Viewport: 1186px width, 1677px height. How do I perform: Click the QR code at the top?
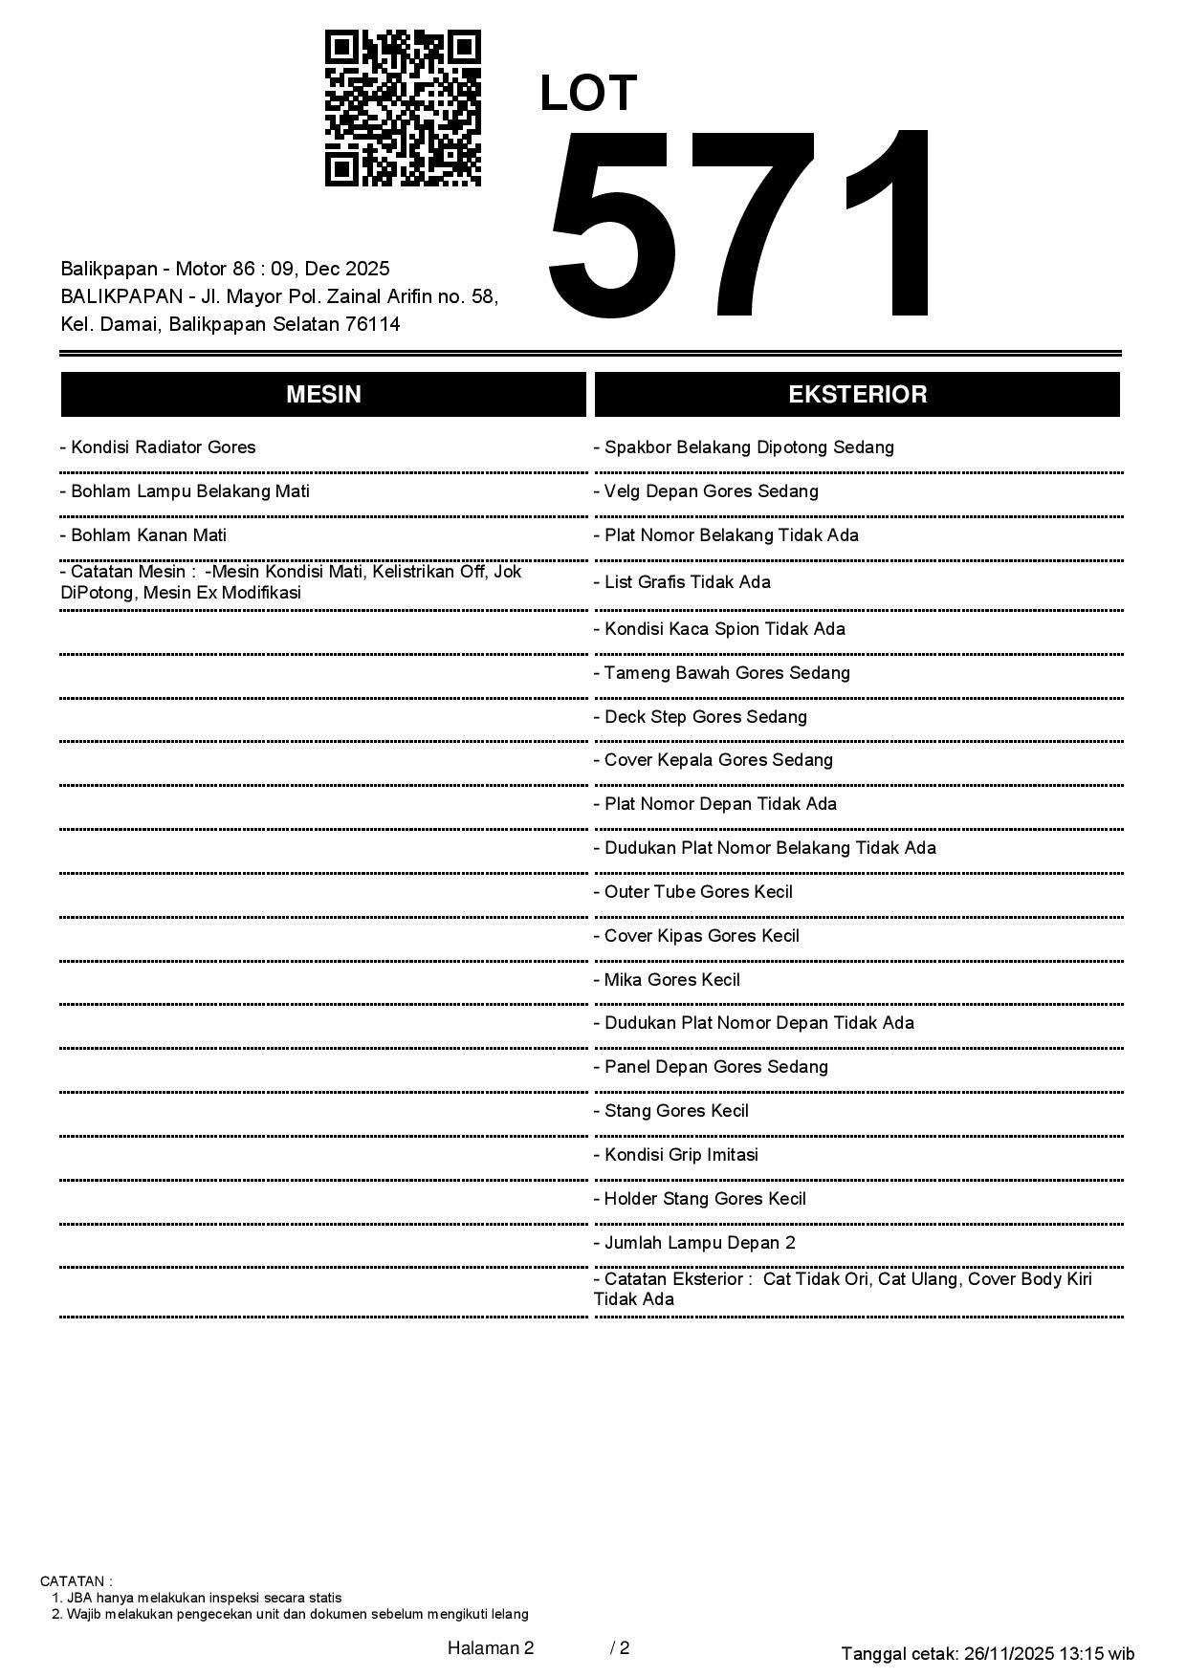coord(403,108)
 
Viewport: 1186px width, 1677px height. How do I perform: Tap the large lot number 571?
coord(741,226)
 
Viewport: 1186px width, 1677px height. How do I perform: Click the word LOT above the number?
coord(588,94)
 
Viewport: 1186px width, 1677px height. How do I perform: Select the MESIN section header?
coord(323,395)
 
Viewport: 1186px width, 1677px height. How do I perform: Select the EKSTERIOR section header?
coord(857,395)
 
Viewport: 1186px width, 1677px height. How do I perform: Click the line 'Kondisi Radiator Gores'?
coord(158,447)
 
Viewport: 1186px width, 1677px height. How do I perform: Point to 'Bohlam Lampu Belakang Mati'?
coord(185,491)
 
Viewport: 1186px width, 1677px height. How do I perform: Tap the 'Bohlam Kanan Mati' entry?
coord(143,535)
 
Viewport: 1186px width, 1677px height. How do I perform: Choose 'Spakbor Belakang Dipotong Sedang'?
coord(744,447)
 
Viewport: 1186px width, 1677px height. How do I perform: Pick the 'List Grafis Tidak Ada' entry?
coord(682,582)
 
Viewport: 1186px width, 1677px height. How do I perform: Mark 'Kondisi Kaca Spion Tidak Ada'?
coord(719,629)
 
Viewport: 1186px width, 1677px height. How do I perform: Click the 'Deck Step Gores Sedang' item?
coord(700,717)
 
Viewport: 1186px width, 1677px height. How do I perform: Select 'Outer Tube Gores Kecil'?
coord(693,892)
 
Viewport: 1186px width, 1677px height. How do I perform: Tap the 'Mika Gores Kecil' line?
coord(667,980)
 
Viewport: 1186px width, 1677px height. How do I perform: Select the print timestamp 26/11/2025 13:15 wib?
coord(1049,1653)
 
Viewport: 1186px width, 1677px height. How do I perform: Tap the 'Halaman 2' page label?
coord(491,1647)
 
